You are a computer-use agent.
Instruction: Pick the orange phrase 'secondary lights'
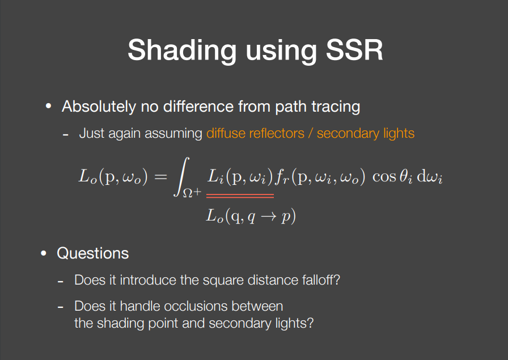[366, 134]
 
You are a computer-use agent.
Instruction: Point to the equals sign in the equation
[161, 177]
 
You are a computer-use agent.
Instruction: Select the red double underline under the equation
[240, 196]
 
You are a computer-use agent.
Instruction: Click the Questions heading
[93, 253]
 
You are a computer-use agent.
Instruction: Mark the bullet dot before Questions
[44, 253]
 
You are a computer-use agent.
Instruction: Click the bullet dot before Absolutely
[49, 106]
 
